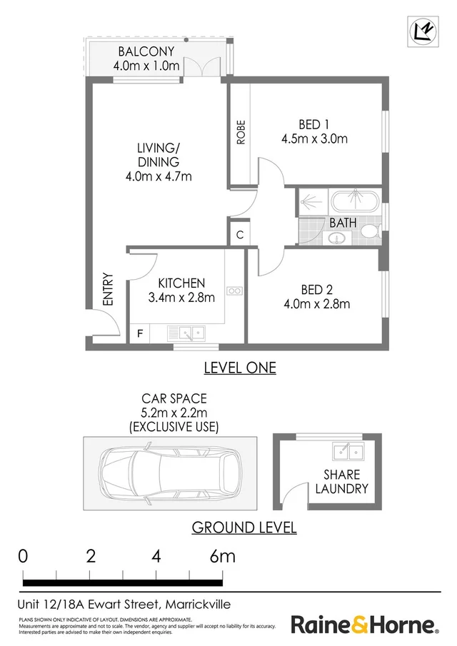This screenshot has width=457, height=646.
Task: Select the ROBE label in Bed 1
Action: (x=241, y=131)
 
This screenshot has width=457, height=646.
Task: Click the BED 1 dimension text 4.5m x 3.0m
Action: (x=314, y=138)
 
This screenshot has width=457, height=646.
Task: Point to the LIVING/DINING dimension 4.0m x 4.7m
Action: (x=158, y=176)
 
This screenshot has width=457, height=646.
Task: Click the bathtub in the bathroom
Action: (x=354, y=201)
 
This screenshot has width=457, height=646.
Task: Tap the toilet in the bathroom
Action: (x=370, y=231)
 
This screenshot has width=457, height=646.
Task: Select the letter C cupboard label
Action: (x=239, y=235)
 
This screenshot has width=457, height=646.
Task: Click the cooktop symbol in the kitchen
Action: (x=235, y=291)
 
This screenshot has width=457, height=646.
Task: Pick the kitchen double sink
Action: (x=188, y=332)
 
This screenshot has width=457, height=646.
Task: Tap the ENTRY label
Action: (x=109, y=290)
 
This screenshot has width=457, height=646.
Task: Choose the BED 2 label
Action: (x=317, y=289)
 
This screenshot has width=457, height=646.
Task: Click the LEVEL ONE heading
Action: (x=240, y=368)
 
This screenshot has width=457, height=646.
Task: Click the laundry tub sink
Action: (x=348, y=451)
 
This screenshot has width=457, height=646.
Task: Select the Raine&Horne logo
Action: (x=364, y=625)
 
